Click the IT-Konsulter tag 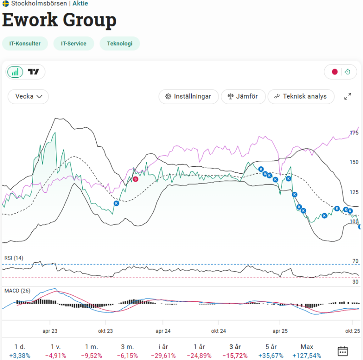pyautogui.click(x=25, y=44)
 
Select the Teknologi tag pyautogui.click(x=119, y=44)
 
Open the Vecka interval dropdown pyautogui.click(x=28, y=96)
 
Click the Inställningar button pyautogui.click(x=188, y=96)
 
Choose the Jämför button pyautogui.click(x=243, y=96)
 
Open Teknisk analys pyautogui.click(x=300, y=96)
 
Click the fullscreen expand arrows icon pyautogui.click(x=348, y=96)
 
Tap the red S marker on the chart pyautogui.click(x=135, y=179)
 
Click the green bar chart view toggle pyautogui.click(x=15, y=72)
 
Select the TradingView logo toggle pyautogui.click(x=34, y=72)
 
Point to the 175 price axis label pyautogui.click(x=354, y=133)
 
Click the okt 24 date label pyautogui.click(x=219, y=331)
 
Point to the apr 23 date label pyautogui.click(x=50, y=331)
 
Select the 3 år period pyautogui.click(x=235, y=346)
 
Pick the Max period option pyautogui.click(x=307, y=346)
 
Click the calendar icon pyautogui.click(x=343, y=351)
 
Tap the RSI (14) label pyautogui.click(x=14, y=258)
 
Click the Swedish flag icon pyautogui.click(x=5, y=3)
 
